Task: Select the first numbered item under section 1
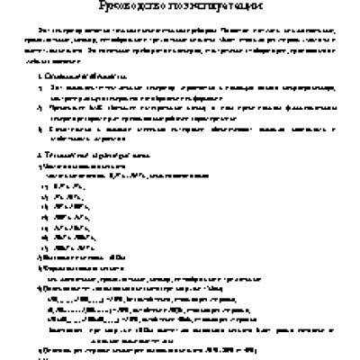point(180,94)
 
